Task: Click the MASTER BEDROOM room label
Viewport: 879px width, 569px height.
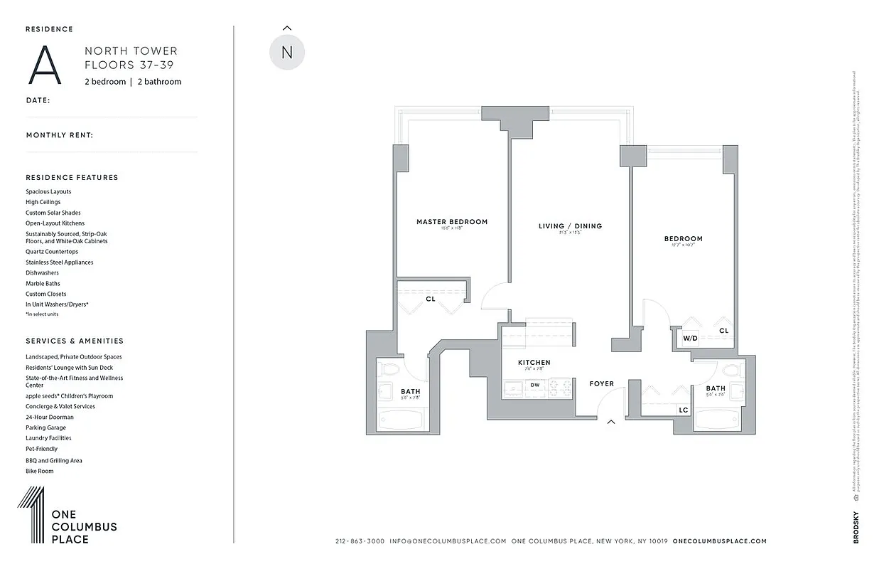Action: (452, 222)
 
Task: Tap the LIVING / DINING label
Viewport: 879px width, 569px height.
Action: (570, 226)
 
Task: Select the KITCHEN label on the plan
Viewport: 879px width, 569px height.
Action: (534, 363)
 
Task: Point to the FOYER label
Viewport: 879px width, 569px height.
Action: (601, 384)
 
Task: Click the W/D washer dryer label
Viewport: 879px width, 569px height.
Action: (690, 339)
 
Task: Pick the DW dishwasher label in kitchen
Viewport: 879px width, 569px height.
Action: (534, 385)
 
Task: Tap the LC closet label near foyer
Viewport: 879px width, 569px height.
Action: (683, 410)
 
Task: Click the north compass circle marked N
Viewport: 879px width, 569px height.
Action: (287, 53)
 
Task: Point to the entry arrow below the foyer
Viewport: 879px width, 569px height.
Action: (610, 422)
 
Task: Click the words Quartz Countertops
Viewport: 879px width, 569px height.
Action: (52, 252)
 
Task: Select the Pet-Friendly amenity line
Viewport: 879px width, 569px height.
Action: (42, 450)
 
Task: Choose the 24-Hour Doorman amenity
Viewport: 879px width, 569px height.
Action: (50, 418)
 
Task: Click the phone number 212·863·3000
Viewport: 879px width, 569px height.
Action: (360, 541)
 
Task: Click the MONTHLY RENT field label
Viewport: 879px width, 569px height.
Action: (60, 135)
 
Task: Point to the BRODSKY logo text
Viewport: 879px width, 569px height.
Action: (856, 527)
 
